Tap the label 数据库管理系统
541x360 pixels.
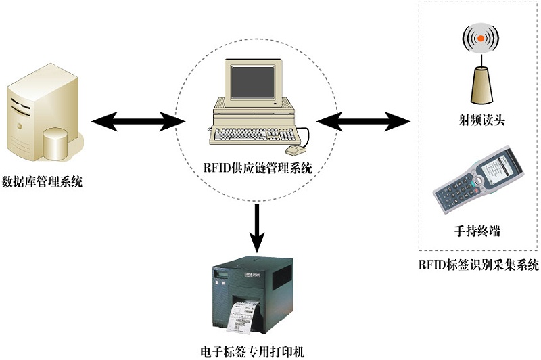tap(43, 181)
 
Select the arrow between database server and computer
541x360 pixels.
tap(138, 122)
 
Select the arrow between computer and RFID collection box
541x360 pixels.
tap(364, 122)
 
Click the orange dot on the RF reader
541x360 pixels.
tap(479, 39)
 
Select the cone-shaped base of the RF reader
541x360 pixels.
tap(479, 85)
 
